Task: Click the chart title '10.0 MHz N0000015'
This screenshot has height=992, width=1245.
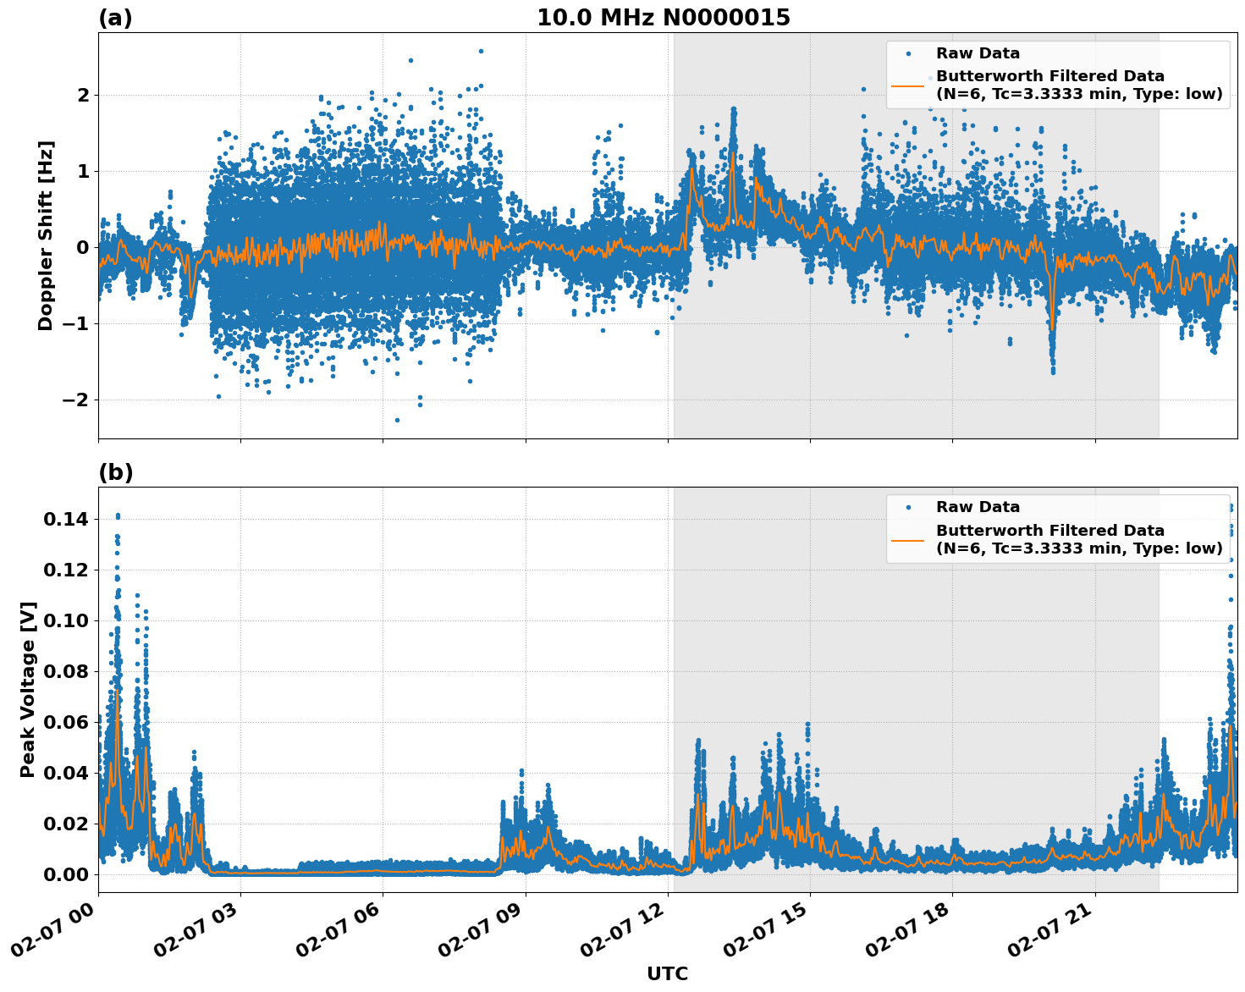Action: (x=663, y=18)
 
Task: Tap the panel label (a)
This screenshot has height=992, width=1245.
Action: (x=115, y=18)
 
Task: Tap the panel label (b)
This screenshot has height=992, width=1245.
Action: (x=115, y=472)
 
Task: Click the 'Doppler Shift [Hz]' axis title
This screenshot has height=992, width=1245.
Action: (x=46, y=235)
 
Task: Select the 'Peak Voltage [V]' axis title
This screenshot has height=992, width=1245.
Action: (x=28, y=689)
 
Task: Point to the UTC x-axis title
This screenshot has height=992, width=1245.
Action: (x=667, y=973)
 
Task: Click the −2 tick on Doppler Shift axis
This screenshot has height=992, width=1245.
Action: (x=74, y=400)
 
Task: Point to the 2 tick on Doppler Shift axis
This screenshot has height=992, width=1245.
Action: (x=83, y=95)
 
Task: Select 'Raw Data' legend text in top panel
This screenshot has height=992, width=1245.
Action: (x=978, y=53)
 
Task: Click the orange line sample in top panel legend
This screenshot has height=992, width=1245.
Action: (x=907, y=85)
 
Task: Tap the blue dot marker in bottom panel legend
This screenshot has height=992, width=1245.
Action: (x=907, y=507)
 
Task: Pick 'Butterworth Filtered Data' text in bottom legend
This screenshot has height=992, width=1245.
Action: (x=1049, y=531)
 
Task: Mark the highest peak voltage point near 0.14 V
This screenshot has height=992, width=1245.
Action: (x=118, y=515)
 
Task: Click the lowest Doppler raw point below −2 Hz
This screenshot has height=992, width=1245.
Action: (x=397, y=420)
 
